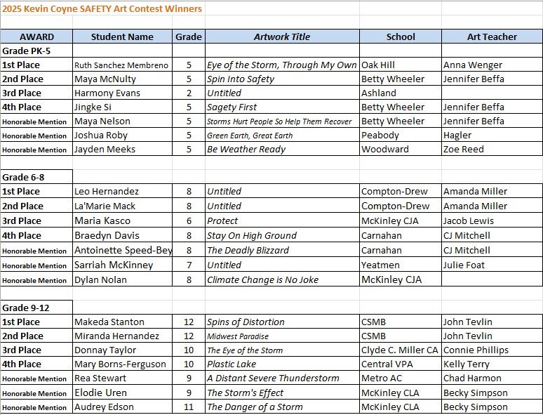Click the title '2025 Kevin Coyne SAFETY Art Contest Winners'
click(102, 8)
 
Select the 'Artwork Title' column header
click(281, 37)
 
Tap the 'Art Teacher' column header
click(492, 37)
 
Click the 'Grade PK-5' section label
click(27, 51)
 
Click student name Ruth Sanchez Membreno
click(121, 65)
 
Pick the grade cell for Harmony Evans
click(189, 93)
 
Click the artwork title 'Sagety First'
click(232, 107)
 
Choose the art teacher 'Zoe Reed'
click(464, 149)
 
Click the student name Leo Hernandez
click(107, 191)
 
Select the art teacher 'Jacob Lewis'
click(469, 220)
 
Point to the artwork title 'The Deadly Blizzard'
click(248, 250)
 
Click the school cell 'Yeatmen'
click(380, 265)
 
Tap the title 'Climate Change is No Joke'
click(262, 279)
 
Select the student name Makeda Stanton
click(109, 322)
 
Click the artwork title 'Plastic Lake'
click(232, 364)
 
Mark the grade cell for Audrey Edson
click(189, 407)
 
